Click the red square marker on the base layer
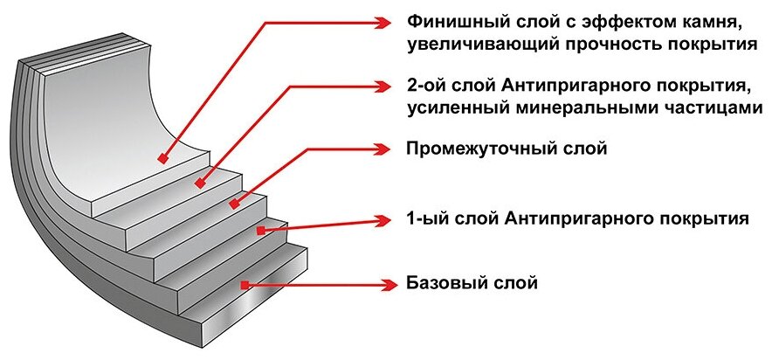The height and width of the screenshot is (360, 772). pos(247,285)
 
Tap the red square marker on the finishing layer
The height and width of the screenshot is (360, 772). pos(162,159)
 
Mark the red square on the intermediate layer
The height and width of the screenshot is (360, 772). pos(233,204)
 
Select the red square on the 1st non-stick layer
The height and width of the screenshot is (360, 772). pos(260,230)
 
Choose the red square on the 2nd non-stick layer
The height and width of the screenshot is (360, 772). pos(200,183)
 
